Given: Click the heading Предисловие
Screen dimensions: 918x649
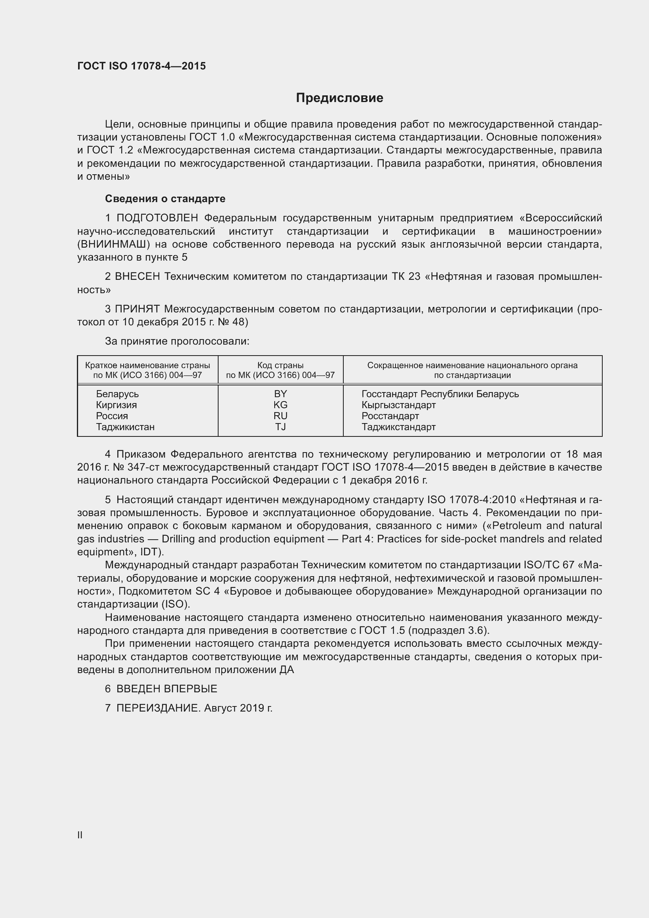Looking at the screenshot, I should pyautogui.click(x=339, y=98).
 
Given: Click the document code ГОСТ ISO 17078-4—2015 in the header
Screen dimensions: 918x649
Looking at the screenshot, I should pyautogui.click(x=142, y=66).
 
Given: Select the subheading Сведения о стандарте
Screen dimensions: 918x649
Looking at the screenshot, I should pyautogui.click(x=165, y=199).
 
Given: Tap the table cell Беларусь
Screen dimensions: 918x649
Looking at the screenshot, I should pyautogui.click(x=117, y=394).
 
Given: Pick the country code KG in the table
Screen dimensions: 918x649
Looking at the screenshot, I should pyautogui.click(x=280, y=405).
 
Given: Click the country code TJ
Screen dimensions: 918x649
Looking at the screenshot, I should pyautogui.click(x=280, y=427).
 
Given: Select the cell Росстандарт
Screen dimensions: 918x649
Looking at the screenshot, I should pyautogui.click(x=390, y=416).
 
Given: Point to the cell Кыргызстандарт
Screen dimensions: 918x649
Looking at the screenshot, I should pyautogui.click(x=398, y=405).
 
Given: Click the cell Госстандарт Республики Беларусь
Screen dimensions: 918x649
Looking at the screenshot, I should pyautogui.click(x=440, y=394).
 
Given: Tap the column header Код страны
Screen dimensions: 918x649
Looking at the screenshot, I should pyautogui.click(x=280, y=365).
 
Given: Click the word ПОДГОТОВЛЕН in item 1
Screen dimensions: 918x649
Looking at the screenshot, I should pyautogui.click(x=157, y=218).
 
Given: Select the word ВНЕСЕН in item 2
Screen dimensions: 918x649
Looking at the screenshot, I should pyautogui.click(x=137, y=277).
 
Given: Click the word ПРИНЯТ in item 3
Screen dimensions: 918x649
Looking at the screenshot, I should pyautogui.click(x=137, y=309).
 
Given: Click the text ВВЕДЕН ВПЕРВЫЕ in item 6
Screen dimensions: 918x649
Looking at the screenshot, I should pyautogui.click(x=167, y=688).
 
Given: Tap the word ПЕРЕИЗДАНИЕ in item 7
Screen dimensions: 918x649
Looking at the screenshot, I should pyautogui.click(x=157, y=708).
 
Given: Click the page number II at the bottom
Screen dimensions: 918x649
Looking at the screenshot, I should pyautogui.click(x=80, y=835).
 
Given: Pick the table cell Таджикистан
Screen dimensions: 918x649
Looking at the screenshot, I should pyautogui.click(x=125, y=427).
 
